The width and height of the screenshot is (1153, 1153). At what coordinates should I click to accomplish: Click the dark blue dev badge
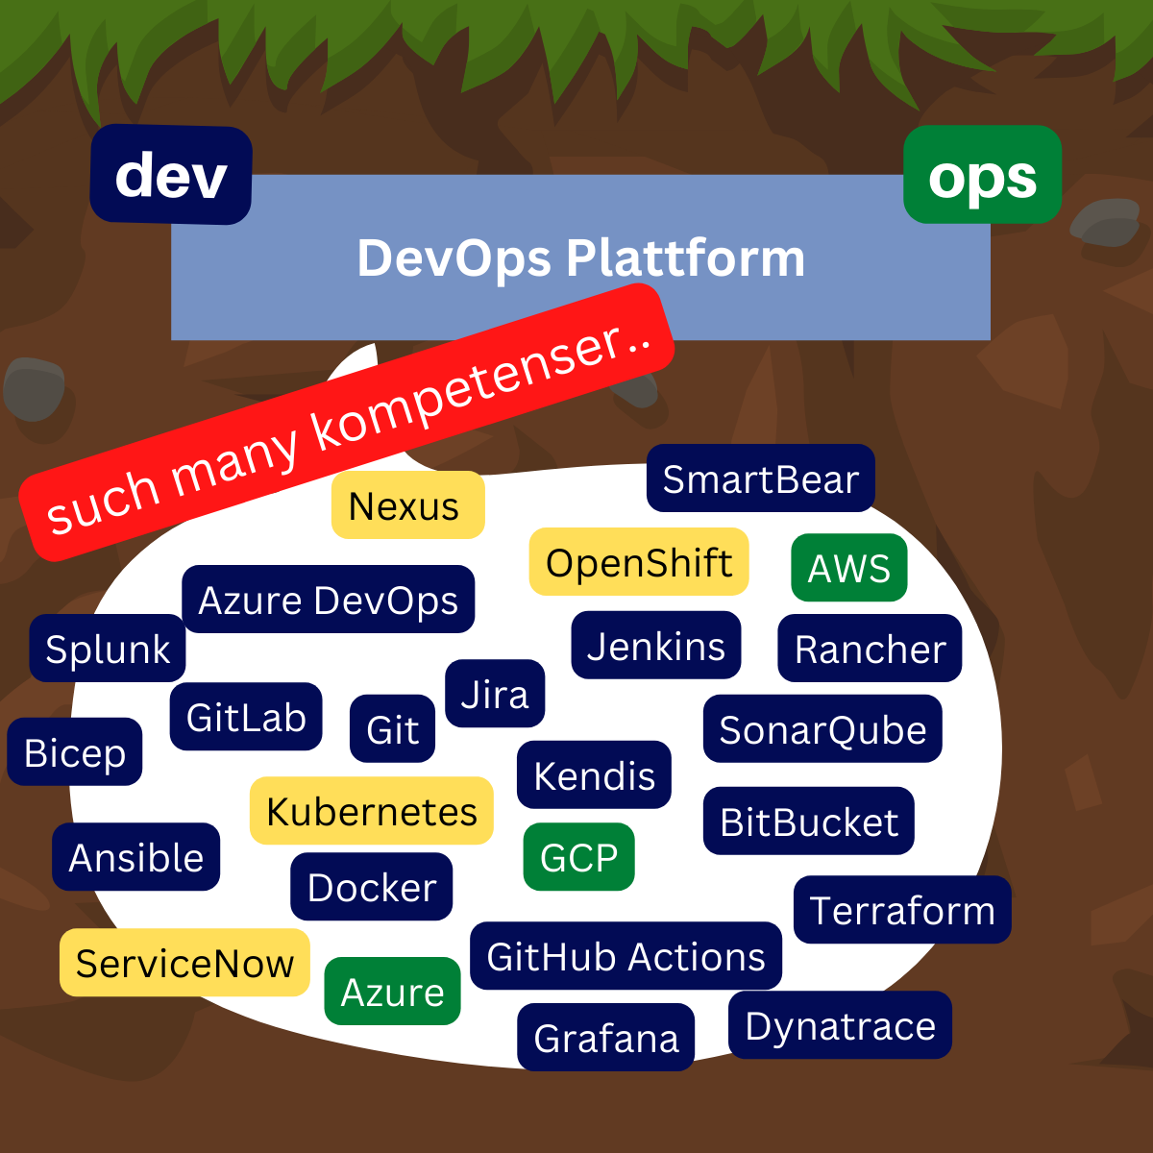click(171, 175)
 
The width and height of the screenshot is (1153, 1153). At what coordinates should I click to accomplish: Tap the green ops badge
click(982, 176)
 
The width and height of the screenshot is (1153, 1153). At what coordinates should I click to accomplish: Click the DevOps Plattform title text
click(580, 258)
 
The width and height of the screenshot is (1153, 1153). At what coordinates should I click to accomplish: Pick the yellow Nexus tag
click(407, 505)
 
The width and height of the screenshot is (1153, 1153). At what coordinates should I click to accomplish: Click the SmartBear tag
click(760, 478)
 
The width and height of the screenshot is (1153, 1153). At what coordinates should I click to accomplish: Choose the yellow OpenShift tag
click(639, 562)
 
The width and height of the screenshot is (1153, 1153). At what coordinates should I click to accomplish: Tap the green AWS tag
click(849, 568)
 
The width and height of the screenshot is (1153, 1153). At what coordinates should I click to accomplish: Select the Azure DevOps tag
click(329, 600)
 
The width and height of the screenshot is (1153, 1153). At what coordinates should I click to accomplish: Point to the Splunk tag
click(108, 649)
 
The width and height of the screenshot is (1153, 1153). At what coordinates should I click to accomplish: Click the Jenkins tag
click(656, 646)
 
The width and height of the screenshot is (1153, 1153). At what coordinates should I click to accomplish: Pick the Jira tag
click(495, 694)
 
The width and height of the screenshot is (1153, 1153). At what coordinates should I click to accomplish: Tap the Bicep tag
click(75, 752)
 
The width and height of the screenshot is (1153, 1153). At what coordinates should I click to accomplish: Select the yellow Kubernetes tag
click(372, 811)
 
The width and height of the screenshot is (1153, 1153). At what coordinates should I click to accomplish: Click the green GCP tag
click(579, 857)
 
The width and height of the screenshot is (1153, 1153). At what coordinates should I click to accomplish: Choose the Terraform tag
click(902, 910)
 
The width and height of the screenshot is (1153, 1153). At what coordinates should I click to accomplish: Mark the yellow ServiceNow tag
click(184, 963)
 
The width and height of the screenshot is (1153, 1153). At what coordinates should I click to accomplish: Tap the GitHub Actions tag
click(626, 956)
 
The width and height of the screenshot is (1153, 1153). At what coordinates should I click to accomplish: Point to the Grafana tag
click(606, 1038)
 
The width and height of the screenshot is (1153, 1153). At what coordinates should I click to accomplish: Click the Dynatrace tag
click(840, 1025)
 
